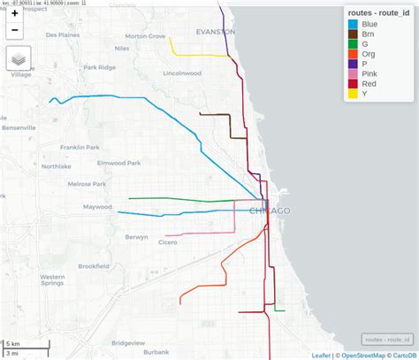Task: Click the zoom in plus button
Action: click(x=15, y=14)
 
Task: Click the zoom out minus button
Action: click(x=15, y=31)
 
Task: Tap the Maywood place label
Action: click(x=97, y=207)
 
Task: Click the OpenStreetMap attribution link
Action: click(x=360, y=356)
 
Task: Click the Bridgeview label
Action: click(x=128, y=343)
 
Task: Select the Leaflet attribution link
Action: click(x=321, y=356)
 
